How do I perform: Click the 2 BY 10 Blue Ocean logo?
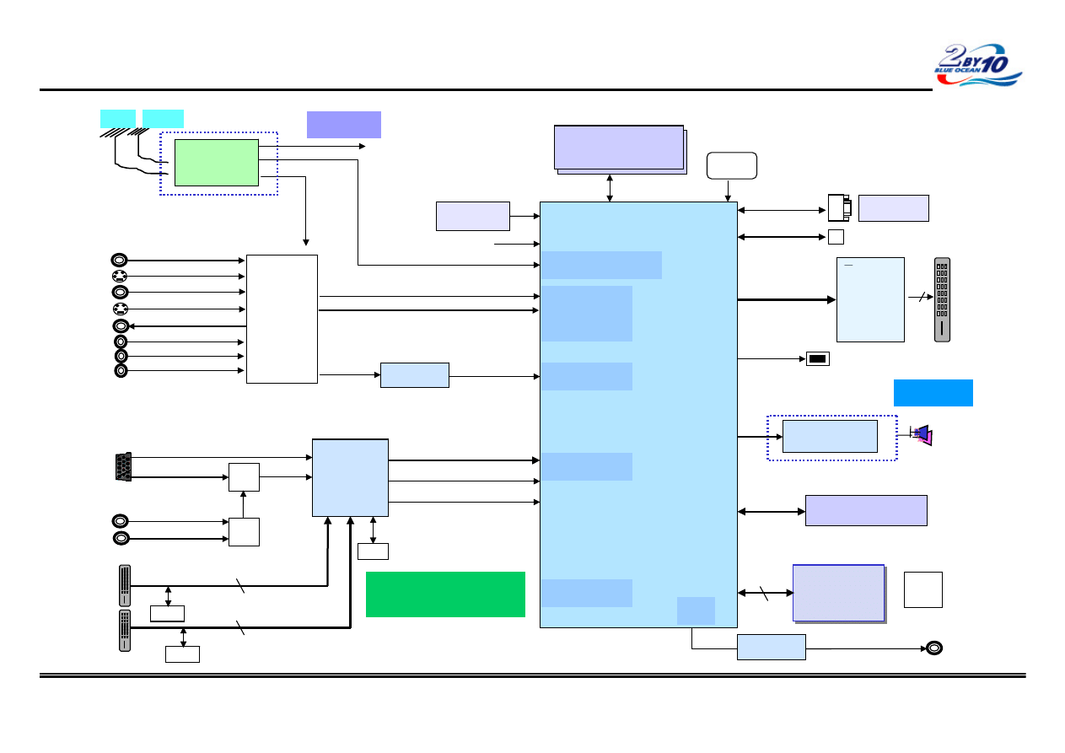click(x=977, y=65)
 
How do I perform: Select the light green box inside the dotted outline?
click(x=216, y=163)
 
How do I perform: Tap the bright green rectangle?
click(x=445, y=594)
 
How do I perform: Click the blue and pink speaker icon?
click(x=923, y=435)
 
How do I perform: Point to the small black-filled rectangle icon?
click(x=817, y=358)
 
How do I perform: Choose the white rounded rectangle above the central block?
click(x=732, y=165)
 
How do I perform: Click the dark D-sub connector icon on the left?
click(x=124, y=466)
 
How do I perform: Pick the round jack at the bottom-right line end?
click(x=933, y=648)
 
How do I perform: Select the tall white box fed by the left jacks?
click(x=282, y=319)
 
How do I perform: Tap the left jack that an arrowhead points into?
click(x=121, y=325)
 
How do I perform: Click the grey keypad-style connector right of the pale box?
click(x=942, y=299)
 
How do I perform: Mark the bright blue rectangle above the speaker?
click(x=933, y=393)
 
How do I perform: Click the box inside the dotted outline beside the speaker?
click(x=830, y=436)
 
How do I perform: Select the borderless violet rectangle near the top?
click(x=343, y=124)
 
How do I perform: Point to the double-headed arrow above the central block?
click(x=610, y=187)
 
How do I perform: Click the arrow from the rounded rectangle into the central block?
click(x=728, y=191)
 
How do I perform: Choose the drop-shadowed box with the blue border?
click(x=838, y=593)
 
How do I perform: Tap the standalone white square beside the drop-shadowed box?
click(x=922, y=589)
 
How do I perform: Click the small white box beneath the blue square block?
click(x=373, y=551)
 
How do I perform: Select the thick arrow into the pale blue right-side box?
click(x=786, y=299)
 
